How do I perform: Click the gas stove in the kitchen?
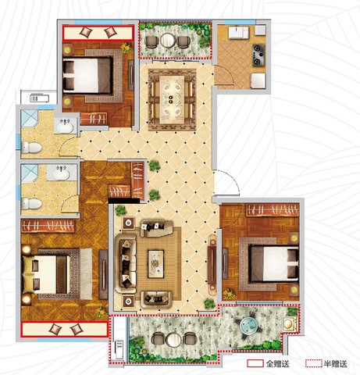(258, 55)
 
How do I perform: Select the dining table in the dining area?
(172, 99)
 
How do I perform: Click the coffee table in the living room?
(156, 263)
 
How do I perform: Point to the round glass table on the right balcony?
(249, 324)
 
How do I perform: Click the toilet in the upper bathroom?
(31, 148)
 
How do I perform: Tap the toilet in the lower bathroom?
(31, 204)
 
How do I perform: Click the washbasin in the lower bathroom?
(62, 173)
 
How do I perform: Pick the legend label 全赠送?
(277, 363)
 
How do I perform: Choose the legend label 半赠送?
(335, 363)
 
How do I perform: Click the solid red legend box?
(255, 363)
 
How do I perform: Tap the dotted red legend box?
(314, 363)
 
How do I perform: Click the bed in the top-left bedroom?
(87, 76)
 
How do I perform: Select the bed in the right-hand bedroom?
(273, 264)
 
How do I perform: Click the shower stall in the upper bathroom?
(29, 118)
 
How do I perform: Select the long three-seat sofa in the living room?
(127, 263)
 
